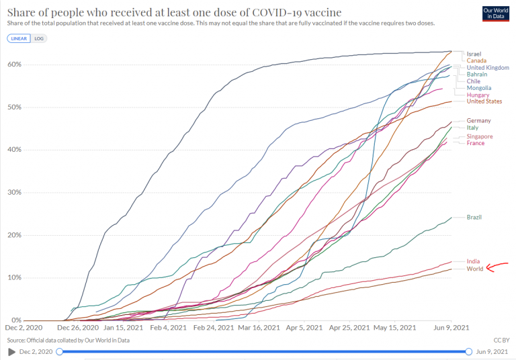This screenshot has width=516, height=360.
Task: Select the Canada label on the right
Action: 476,60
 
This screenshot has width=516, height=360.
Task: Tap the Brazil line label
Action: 474,218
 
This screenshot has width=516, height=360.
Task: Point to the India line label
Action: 473,261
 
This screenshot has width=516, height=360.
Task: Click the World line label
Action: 474,269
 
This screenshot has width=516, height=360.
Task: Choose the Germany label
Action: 478,120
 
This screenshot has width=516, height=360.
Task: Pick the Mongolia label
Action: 479,88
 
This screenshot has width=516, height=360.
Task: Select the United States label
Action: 484,101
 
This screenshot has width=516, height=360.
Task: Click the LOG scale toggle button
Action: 39,38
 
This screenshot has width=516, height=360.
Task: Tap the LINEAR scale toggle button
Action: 18,38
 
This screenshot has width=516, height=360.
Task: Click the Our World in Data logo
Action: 497,15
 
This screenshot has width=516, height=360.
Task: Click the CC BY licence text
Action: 501,340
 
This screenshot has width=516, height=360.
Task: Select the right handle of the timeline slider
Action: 469,351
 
